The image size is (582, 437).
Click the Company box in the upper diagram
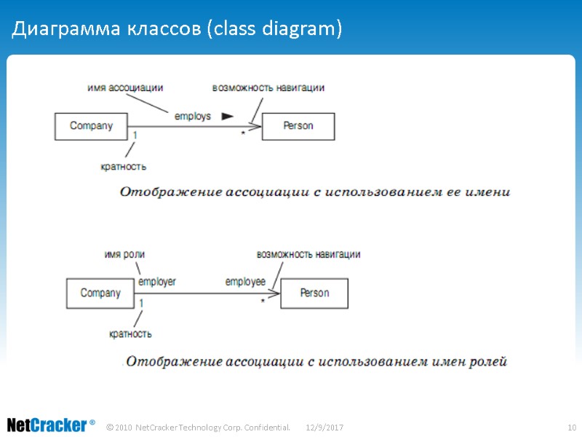91,126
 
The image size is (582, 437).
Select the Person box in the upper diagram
298,126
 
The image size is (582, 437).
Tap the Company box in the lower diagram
100,293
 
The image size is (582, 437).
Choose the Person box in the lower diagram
314,293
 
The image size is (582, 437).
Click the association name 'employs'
193,116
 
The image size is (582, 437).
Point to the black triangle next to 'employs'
227,116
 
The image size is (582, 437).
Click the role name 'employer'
157,281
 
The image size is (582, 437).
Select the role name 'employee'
245,281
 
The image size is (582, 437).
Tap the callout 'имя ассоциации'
124,87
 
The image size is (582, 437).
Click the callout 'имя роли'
124,254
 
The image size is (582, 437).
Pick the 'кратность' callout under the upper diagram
123,166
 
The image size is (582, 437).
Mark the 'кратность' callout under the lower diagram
130,334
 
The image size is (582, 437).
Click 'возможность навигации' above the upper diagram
268,87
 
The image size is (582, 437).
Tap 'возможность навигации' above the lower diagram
308,254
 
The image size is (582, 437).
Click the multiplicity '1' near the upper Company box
135,135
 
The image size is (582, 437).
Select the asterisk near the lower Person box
263,301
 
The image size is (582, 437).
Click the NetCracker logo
50,425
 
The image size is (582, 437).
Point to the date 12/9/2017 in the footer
324,426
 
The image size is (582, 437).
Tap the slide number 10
571,426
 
